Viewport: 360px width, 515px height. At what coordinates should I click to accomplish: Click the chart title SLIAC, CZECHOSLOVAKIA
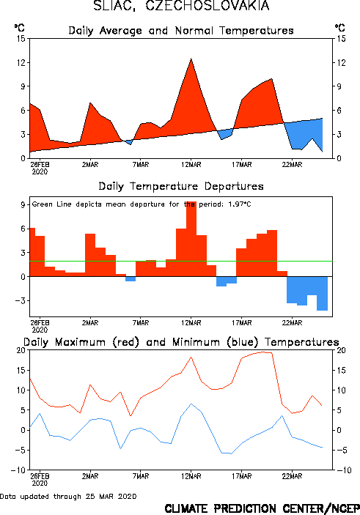tap(182, 6)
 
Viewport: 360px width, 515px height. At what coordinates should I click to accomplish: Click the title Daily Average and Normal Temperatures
tap(181, 31)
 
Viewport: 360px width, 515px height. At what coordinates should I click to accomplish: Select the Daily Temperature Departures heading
tap(181, 187)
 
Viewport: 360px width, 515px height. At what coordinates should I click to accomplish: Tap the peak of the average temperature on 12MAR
tap(191, 59)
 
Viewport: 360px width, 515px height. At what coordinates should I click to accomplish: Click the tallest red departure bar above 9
tap(191, 239)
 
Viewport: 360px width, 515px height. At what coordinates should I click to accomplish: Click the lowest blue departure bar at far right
tap(322, 293)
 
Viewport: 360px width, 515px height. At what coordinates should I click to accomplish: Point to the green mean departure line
tap(181, 261)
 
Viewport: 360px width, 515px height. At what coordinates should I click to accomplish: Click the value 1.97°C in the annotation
tap(239, 204)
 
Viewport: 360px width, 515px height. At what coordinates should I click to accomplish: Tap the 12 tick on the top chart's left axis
tap(21, 62)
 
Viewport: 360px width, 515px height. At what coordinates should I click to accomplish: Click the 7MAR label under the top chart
tap(141, 165)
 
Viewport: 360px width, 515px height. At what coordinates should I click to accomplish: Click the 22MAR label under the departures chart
tap(292, 323)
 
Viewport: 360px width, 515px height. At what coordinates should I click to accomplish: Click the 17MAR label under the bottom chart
tap(242, 476)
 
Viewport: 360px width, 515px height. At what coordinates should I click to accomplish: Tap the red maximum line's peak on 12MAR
tap(191, 357)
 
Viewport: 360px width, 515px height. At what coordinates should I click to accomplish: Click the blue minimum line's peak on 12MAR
tap(191, 404)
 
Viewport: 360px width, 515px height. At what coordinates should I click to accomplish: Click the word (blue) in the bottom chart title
tap(243, 343)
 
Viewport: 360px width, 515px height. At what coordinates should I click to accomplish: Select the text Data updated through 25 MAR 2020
tap(68, 496)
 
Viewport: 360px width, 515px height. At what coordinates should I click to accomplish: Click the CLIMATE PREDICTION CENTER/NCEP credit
tap(262, 508)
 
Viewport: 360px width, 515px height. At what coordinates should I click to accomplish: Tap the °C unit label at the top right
tap(339, 28)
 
